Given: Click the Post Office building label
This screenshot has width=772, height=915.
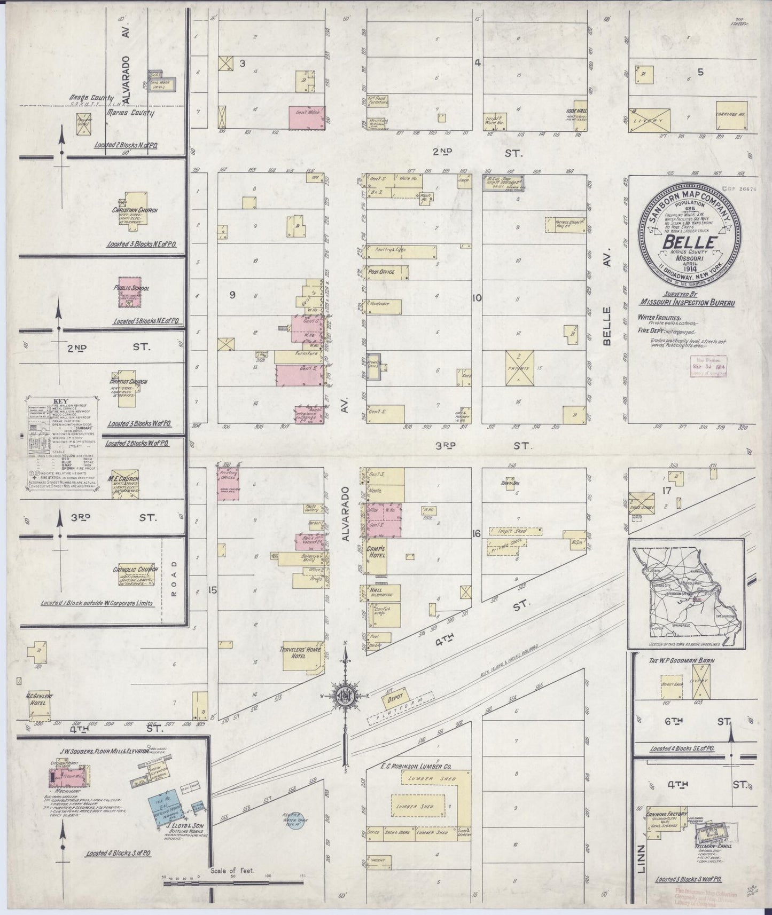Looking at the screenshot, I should tap(381, 272).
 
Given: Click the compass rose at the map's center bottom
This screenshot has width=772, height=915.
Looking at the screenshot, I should tap(345, 695).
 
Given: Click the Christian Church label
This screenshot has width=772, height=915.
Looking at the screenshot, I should tap(135, 210).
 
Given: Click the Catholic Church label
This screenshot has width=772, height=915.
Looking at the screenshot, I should tap(135, 570).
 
